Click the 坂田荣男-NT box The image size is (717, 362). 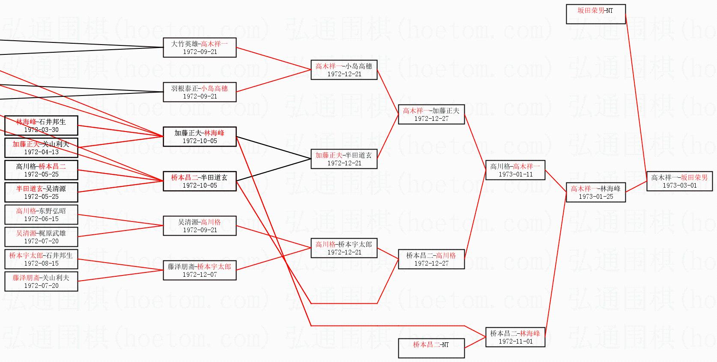pos(595,14)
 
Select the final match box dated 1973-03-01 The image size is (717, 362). pos(679,181)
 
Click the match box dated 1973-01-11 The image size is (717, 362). pos(515,170)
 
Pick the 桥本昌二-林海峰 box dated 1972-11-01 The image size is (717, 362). pos(515,337)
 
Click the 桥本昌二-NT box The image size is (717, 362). pos(431,348)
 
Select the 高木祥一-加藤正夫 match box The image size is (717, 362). pos(431,114)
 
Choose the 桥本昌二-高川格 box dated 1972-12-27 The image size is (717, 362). pos(431,259)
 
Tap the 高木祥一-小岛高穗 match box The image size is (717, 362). pos(344,70)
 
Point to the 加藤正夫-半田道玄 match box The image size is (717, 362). pos(344,159)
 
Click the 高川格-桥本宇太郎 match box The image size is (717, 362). pos(344,248)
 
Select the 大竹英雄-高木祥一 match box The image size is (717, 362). pos(200,48)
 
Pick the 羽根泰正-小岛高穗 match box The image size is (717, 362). pos(200,92)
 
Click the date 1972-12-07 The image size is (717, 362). pos(200,275)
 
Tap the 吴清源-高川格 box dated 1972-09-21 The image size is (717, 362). pos(200,226)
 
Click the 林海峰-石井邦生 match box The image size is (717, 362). pos(41,126)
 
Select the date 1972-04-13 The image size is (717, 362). pos(41,152)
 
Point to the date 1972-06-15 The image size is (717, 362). pos(41,219)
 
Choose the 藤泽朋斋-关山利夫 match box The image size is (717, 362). pos(41,281)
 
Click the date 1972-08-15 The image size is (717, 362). pos(41,263)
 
